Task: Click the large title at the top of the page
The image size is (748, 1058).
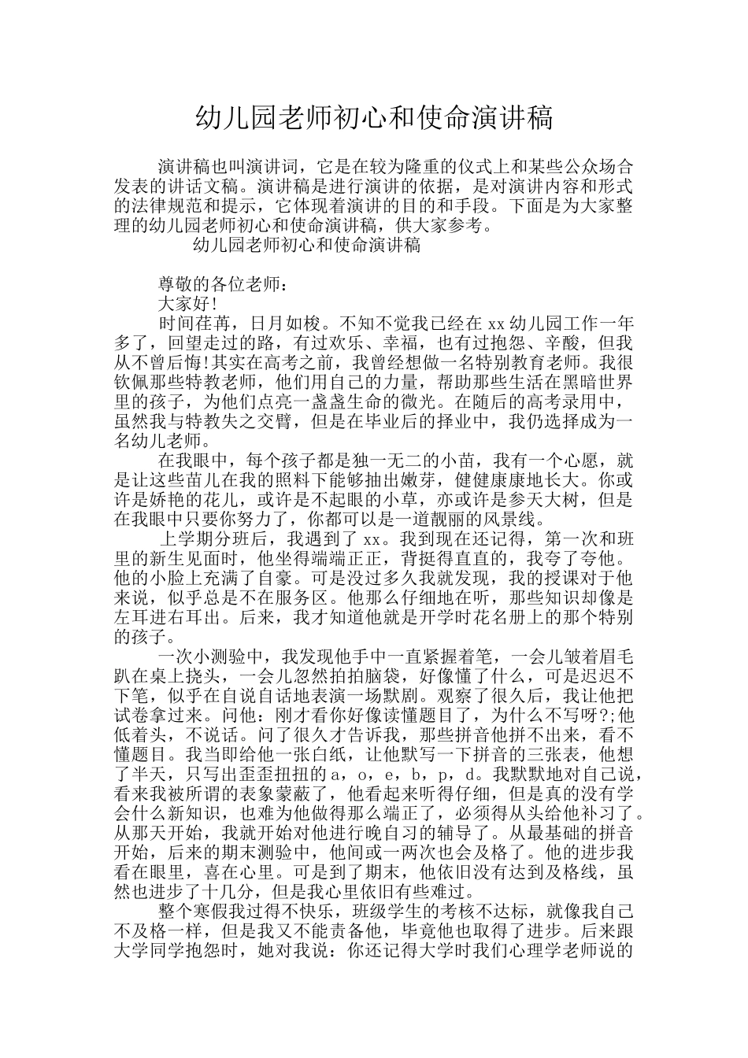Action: click(374, 119)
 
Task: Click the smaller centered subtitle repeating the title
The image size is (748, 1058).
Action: click(306, 245)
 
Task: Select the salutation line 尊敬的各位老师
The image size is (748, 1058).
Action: click(219, 285)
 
